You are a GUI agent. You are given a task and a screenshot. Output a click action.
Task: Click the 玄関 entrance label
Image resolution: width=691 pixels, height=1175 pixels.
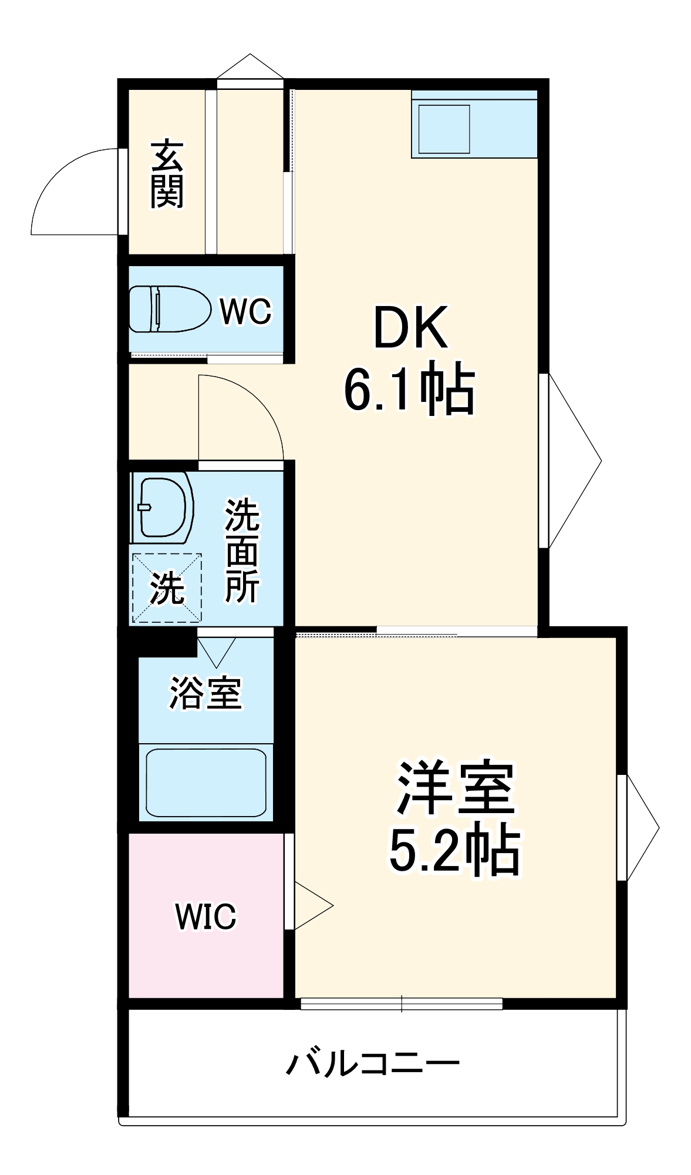(x=167, y=174)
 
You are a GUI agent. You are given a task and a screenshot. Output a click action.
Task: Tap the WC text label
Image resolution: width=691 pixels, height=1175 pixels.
(x=245, y=311)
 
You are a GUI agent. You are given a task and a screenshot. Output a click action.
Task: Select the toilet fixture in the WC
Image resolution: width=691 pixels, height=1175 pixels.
(x=169, y=309)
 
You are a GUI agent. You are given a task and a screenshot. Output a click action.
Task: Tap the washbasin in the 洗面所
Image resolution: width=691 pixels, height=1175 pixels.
(x=163, y=507)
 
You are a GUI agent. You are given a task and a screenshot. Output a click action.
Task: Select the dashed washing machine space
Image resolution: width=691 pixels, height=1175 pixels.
(x=167, y=587)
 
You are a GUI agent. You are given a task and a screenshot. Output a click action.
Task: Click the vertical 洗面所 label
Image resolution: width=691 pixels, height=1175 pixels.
(x=242, y=550)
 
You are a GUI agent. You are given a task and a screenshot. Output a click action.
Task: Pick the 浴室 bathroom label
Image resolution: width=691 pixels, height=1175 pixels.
(x=205, y=693)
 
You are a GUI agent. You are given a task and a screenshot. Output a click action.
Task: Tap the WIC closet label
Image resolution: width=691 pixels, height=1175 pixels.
(x=205, y=916)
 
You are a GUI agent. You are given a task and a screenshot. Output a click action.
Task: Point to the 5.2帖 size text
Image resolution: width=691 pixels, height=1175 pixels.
(x=455, y=850)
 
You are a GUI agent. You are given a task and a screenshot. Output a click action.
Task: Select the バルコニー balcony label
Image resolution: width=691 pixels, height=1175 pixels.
(x=373, y=1063)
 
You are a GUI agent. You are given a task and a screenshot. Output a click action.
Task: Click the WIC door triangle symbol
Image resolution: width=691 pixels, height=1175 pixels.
(x=311, y=905)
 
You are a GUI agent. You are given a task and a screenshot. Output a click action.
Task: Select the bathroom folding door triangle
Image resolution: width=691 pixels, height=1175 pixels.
(x=216, y=651)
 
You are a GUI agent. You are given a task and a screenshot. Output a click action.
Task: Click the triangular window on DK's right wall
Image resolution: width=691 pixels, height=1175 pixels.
(x=572, y=461)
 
